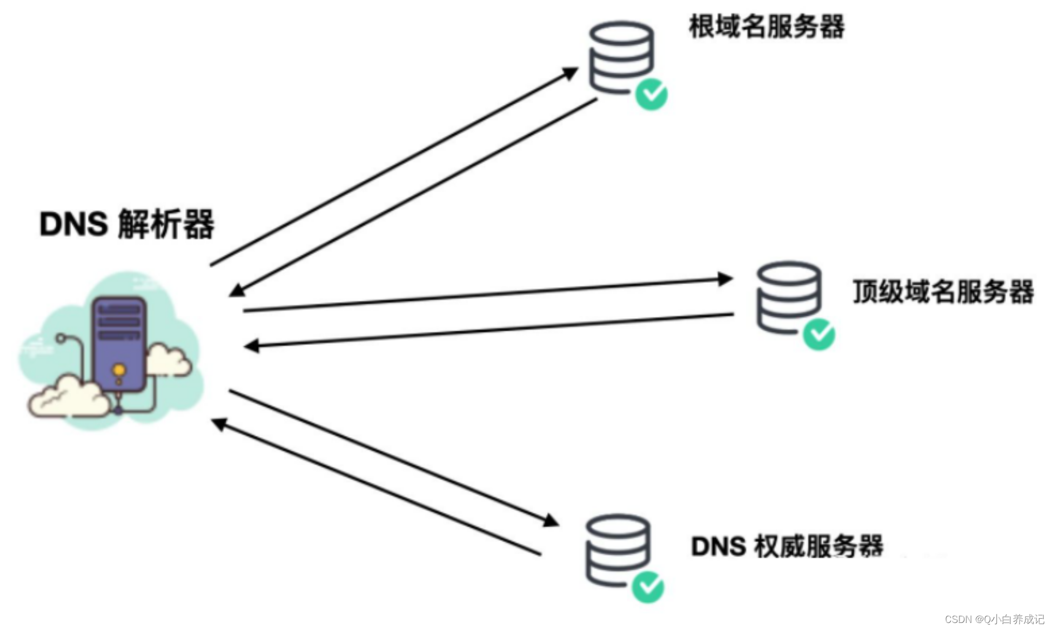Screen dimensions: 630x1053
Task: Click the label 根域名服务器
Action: coord(766,26)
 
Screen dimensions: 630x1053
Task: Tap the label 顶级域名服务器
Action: coord(943,292)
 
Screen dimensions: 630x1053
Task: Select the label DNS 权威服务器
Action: coord(787,546)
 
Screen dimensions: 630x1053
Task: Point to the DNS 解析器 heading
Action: coord(127,224)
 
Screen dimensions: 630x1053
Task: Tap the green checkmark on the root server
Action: coord(651,95)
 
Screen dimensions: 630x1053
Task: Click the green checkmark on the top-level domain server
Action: coord(819,334)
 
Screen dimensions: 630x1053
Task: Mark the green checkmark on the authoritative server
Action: coord(648,587)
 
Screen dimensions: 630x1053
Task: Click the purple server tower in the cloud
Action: coord(119,343)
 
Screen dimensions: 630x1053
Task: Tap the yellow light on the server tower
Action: coord(119,371)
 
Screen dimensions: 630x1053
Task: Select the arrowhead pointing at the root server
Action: coord(570,72)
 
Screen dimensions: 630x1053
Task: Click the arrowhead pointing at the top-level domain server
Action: coord(725,279)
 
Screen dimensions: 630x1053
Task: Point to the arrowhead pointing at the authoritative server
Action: coord(551,521)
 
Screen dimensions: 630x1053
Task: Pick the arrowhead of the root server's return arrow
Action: coord(237,291)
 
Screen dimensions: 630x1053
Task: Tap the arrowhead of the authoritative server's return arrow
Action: coord(219,424)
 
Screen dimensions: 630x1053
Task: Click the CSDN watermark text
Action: coord(994,619)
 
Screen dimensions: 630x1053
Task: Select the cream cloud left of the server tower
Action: coord(68,398)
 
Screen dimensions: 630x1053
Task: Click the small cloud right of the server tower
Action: coord(169,360)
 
